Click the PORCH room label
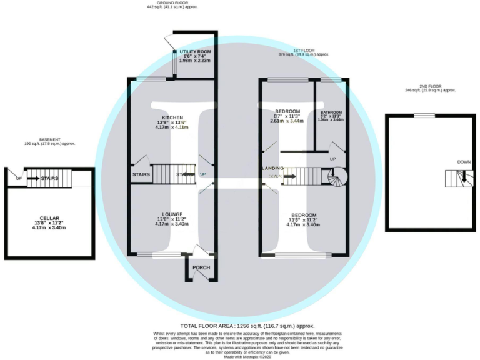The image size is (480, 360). point(201,268)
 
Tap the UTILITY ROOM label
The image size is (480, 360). point(195,51)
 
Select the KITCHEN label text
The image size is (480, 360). point(172,117)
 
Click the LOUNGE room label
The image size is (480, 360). point(172,214)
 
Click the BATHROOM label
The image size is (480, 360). point(331,112)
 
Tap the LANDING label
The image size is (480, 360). point(273,168)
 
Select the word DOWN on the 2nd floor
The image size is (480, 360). point(463,162)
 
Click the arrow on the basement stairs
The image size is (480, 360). point(29,179)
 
